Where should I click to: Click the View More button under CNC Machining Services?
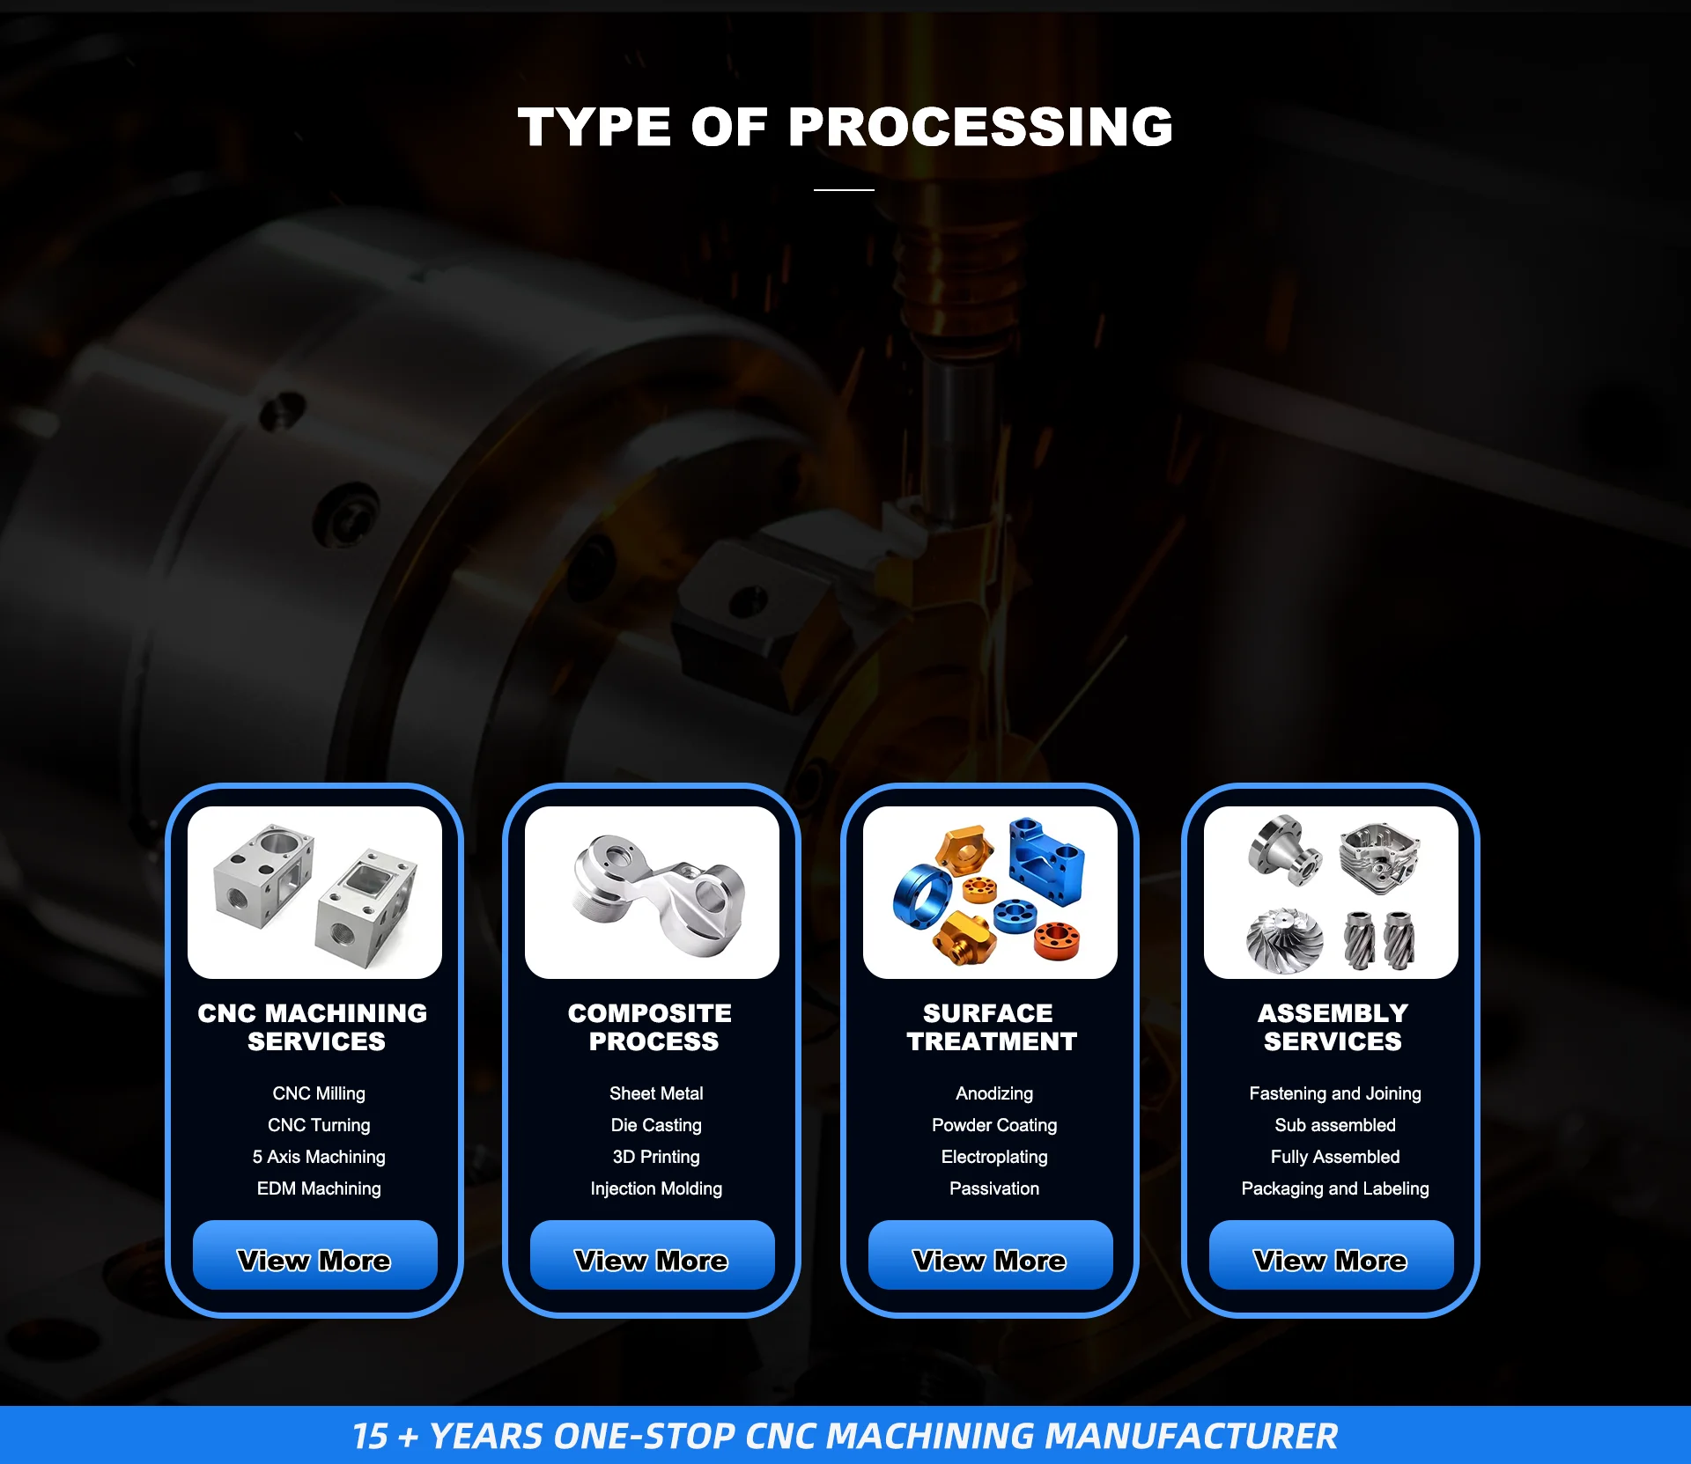click(314, 1254)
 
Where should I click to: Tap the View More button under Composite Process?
click(652, 1254)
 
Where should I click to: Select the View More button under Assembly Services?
click(1331, 1254)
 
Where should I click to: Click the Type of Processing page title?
click(845, 127)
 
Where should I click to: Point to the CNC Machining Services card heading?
click(313, 1027)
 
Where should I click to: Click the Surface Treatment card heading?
click(992, 1027)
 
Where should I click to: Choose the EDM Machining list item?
click(319, 1188)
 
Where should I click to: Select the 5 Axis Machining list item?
click(319, 1157)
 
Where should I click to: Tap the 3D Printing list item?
click(656, 1157)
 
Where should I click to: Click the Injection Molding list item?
click(656, 1188)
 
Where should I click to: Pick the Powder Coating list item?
click(994, 1125)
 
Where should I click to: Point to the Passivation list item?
click(994, 1188)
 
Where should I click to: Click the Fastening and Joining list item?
click(1335, 1093)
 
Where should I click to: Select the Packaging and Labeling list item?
click(1335, 1188)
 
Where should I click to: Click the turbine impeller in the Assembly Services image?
click(1285, 941)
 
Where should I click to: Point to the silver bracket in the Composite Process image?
click(659, 894)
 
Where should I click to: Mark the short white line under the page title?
click(844, 189)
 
